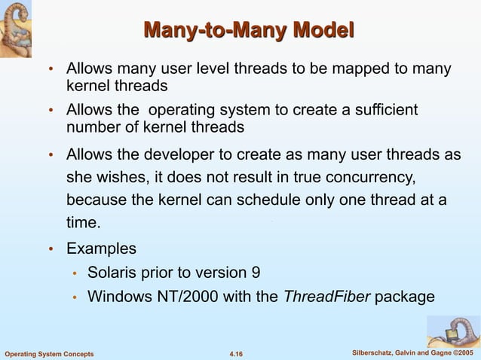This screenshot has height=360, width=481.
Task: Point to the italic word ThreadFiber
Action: click(x=326, y=296)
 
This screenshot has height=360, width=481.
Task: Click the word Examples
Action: click(x=102, y=248)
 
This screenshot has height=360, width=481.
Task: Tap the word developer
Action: click(x=180, y=154)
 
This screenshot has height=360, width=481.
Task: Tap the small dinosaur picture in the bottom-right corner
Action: click(x=453, y=331)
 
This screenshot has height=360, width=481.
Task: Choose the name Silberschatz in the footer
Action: click(x=375, y=353)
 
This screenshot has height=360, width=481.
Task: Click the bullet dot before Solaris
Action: click(x=75, y=273)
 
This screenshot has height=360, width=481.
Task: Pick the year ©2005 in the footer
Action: click(x=461, y=353)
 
